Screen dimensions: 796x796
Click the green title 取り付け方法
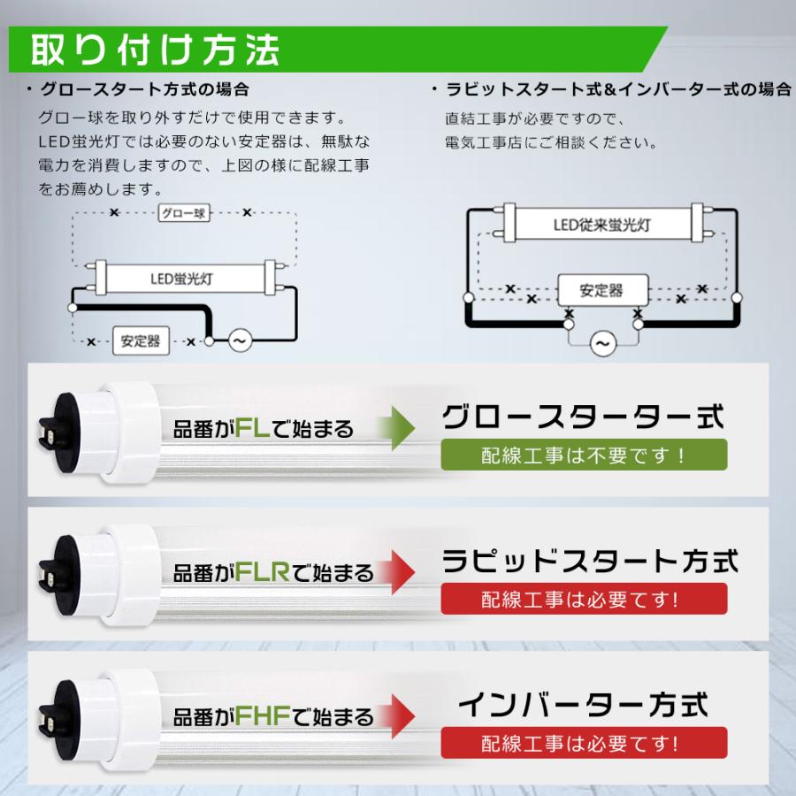pyautogui.click(x=156, y=50)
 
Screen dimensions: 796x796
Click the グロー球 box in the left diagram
pyautogui.click(x=184, y=213)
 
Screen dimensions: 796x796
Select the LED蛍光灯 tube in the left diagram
pyautogui.click(x=181, y=277)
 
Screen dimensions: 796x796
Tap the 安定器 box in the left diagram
pyautogui.click(x=141, y=341)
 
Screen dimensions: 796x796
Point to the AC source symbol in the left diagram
pyautogui.click(x=240, y=341)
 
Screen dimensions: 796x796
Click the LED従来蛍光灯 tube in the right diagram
pyautogui.click(x=602, y=226)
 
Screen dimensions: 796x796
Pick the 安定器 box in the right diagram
pyautogui.click(x=601, y=289)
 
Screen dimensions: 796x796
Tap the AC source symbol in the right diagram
pyautogui.click(x=602, y=342)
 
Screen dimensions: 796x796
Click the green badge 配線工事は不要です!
pyautogui.click(x=584, y=455)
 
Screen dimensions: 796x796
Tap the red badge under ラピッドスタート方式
pyautogui.click(x=584, y=599)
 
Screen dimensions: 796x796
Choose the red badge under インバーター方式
pyautogui.click(x=584, y=743)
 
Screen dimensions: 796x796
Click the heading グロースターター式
pyautogui.click(x=584, y=417)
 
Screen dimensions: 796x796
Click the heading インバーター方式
pyautogui.click(x=584, y=705)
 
